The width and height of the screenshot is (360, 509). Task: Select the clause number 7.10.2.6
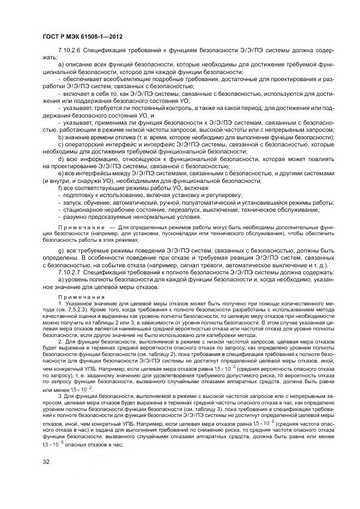(70, 57)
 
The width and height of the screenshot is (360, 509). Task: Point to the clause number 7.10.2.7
(70, 272)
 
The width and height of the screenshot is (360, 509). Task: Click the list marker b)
(60, 138)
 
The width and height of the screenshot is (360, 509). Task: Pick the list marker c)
(60, 145)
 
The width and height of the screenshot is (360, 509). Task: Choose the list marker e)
(60, 173)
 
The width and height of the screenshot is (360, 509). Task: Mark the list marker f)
(60, 187)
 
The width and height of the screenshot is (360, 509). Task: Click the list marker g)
(60, 250)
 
